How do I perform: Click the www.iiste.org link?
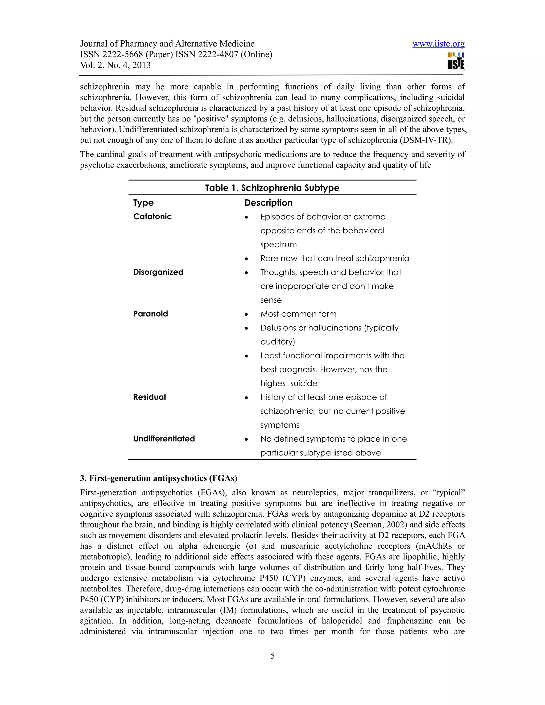pos(438,44)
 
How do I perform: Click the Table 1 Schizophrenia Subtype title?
pos(272,188)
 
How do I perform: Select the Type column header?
pos(143,203)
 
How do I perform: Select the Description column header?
pos(268,203)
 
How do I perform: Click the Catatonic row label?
pos(152,217)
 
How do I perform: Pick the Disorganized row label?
pos(158,272)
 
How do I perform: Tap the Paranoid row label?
pos(150,314)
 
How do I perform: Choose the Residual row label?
pos(150,397)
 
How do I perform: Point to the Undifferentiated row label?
pos(164,439)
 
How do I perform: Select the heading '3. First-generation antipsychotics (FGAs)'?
pos(159,478)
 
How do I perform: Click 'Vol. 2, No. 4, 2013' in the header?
pos(115,65)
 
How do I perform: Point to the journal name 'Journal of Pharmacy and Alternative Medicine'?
pos(167,44)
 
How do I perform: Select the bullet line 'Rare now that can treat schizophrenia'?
pos(335,259)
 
